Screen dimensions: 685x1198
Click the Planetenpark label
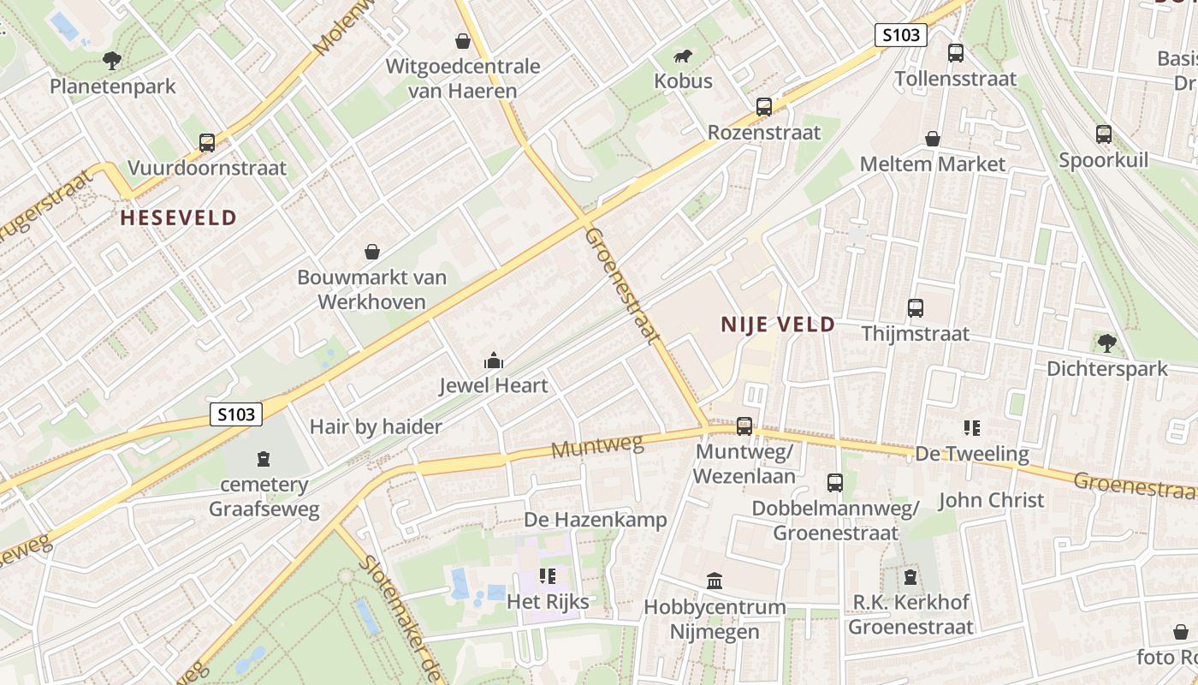click(x=113, y=86)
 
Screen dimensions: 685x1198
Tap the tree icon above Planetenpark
click(x=111, y=60)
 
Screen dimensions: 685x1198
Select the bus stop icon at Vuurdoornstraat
click(x=207, y=143)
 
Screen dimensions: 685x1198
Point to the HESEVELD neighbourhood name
click(x=178, y=217)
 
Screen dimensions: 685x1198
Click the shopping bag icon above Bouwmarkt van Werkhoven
click(x=372, y=252)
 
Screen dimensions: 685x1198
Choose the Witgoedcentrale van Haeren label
click(x=463, y=78)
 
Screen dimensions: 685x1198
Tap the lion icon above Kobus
click(x=683, y=57)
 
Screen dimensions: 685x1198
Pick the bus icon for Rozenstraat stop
click(x=763, y=107)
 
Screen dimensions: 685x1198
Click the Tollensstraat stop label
click(x=955, y=79)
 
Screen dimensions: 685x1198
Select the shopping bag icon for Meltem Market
click(x=933, y=139)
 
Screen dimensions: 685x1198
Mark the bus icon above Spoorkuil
click(x=1104, y=134)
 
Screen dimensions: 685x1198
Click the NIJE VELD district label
click(x=778, y=325)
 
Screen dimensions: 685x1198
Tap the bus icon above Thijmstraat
click(x=916, y=308)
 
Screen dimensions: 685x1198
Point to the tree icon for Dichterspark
click(x=1107, y=343)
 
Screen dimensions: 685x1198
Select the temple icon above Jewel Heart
click(x=494, y=360)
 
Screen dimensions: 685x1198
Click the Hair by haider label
click(x=376, y=426)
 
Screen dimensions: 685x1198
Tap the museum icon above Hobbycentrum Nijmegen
click(x=715, y=581)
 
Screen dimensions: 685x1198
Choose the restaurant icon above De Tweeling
click(x=972, y=427)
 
